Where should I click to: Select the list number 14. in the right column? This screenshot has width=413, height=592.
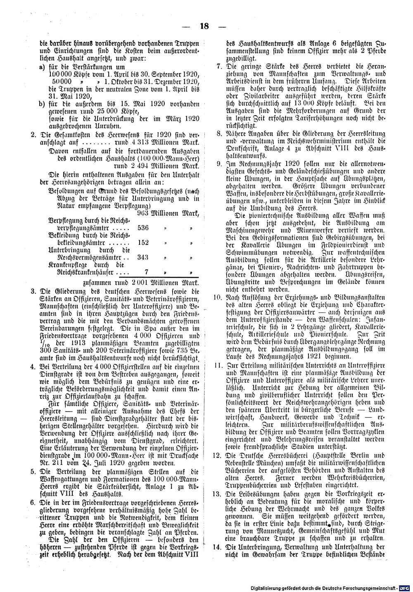tap(216, 547)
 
